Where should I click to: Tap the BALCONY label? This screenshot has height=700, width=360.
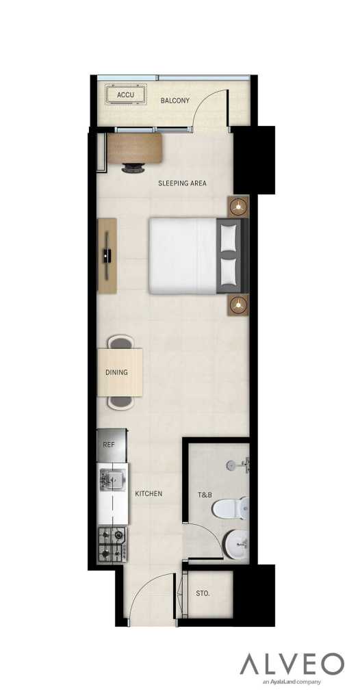pos(175,101)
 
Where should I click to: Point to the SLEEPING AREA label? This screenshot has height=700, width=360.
pos(182,183)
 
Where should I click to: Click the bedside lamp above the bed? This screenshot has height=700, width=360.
pos(238,206)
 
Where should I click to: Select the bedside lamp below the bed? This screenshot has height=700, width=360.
pos(238,305)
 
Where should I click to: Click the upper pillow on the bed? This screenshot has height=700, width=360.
pos(229,237)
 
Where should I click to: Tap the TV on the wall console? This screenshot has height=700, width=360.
pos(106,256)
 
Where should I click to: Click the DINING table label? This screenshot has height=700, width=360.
pos(116,372)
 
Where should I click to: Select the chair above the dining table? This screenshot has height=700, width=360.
pos(120,341)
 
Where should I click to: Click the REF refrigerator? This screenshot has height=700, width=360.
pos(110,444)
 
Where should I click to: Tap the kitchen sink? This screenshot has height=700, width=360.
pos(110,479)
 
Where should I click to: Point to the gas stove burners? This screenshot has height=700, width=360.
pos(112,543)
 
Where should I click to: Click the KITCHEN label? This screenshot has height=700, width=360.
pos(149,493)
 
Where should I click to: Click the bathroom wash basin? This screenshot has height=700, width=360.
pos(237,545)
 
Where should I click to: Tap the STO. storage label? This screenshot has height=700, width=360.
pos(203,594)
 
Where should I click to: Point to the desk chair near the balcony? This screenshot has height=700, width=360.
pos(133,167)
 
